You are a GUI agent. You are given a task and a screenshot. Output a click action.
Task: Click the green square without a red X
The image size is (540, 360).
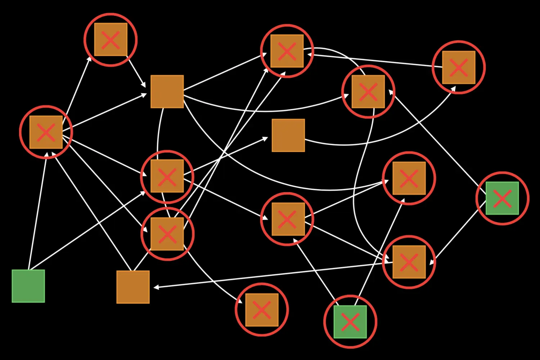pos(28,286)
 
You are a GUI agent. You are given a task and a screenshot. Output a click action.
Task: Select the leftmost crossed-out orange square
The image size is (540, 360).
pos(46,132)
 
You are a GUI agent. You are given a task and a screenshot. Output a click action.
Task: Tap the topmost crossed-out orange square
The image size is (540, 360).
pos(111,40)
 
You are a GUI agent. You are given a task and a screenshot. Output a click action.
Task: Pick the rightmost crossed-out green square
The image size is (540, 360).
pos(502,198)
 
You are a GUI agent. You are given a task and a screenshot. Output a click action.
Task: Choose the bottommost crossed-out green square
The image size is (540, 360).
pos(350,322)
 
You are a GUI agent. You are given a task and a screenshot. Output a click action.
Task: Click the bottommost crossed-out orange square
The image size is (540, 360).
pos(262,310)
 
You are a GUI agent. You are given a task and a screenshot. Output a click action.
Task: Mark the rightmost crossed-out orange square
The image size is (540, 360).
pos(459,67)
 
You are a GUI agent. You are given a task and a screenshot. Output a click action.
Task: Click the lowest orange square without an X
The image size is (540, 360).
pos(133,287)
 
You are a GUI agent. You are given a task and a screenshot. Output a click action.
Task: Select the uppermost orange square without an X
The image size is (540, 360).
pos(167,91)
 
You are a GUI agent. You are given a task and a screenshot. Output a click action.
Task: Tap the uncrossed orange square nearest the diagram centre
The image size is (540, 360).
pos(288,135)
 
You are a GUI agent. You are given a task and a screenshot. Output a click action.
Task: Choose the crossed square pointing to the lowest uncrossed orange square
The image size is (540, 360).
pos(409,262)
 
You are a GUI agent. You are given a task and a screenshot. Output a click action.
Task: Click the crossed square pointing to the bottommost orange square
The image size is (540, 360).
pos(167,234)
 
